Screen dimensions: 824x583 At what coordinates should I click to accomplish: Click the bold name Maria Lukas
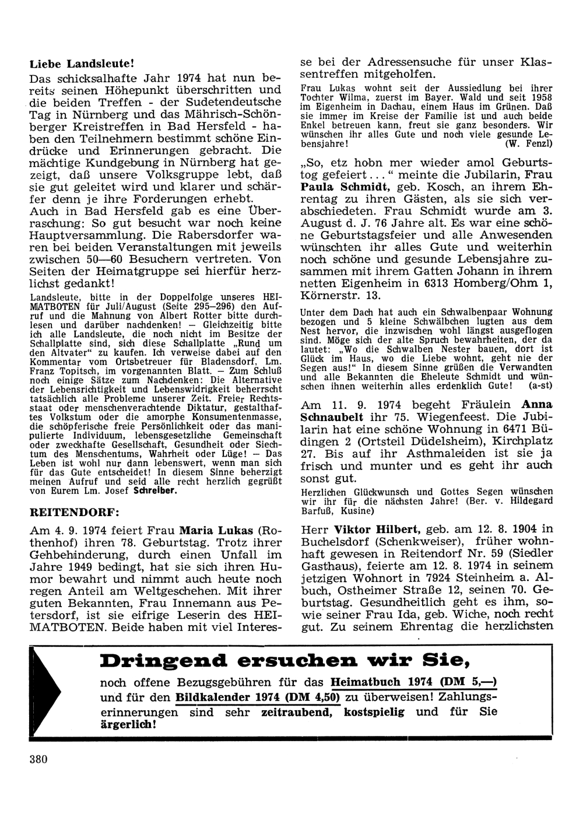pos(216,531)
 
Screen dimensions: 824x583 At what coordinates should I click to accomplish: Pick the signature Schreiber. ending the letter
pos(156,490)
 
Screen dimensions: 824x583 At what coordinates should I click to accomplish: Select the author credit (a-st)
pos(540,386)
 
